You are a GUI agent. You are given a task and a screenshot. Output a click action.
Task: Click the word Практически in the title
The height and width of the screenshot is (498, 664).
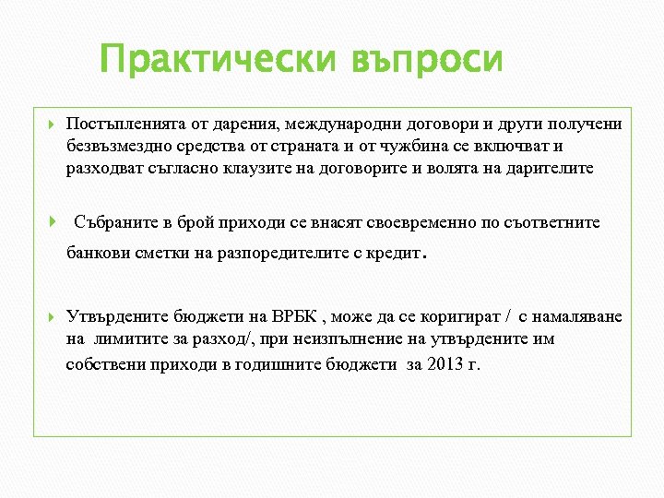coord(218,61)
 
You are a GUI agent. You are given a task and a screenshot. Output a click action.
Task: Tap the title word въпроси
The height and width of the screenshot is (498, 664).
coord(427,61)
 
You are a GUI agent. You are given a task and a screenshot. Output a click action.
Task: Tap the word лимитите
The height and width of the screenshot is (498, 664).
coord(125,339)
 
